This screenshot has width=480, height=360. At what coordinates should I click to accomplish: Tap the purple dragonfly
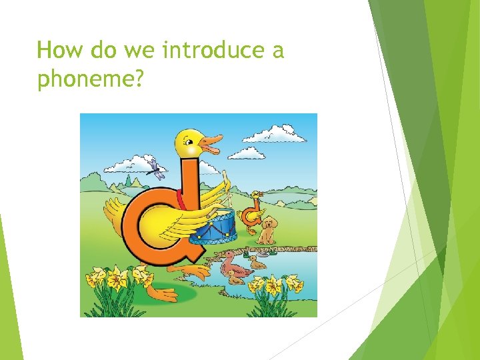155,169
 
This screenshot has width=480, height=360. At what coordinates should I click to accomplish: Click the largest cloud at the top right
274,134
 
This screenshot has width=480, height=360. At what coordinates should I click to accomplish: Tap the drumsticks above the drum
220,193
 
